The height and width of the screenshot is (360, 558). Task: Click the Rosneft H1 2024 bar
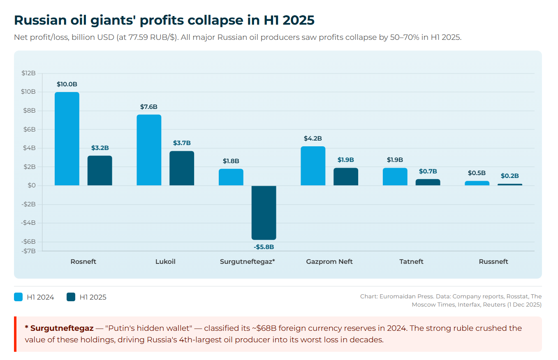click(67, 138)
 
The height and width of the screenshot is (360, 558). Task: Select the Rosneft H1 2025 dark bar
click(100, 171)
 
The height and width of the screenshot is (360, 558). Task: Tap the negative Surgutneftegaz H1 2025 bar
click(264, 212)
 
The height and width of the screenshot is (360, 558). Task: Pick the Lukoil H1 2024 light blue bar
click(149, 150)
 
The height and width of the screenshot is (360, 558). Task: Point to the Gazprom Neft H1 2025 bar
click(345, 177)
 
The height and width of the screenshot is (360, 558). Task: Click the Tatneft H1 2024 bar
click(395, 177)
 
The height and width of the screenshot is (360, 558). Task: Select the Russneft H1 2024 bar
click(477, 183)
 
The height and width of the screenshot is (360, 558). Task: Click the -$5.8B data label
click(264, 247)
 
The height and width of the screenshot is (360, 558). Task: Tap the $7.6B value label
click(149, 107)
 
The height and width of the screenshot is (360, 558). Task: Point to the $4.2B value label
click(313, 138)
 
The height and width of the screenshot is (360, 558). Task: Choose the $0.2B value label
click(509, 176)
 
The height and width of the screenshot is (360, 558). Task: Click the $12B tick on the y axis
click(28, 73)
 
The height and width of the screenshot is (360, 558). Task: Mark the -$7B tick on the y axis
click(28, 251)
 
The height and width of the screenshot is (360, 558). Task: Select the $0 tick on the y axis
click(31, 185)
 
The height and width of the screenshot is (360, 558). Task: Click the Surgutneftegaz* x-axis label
click(247, 262)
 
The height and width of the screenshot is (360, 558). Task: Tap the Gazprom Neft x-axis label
click(329, 262)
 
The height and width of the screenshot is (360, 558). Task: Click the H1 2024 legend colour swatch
click(19, 297)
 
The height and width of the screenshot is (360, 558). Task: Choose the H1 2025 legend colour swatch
click(71, 297)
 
